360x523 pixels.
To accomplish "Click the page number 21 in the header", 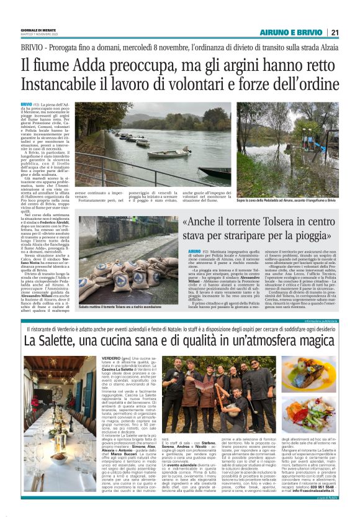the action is [335, 33].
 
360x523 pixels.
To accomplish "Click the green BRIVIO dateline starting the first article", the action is [26, 104].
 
